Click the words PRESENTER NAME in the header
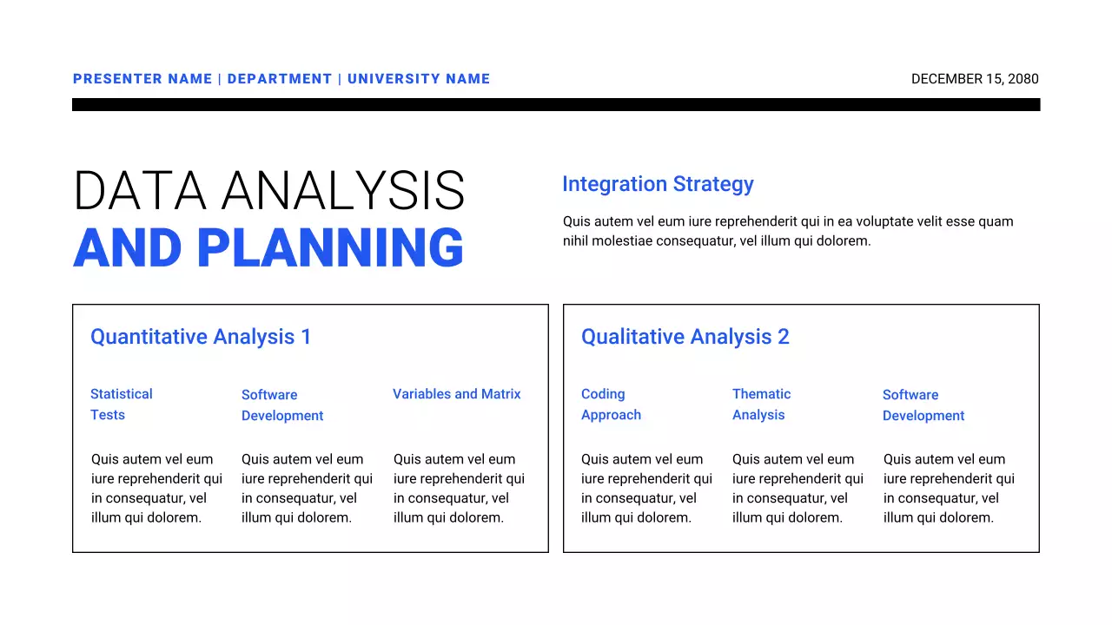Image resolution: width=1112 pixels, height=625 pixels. [142, 79]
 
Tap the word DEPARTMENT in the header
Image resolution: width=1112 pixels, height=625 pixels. [280, 79]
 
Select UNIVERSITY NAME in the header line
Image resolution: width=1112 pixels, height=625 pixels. [419, 79]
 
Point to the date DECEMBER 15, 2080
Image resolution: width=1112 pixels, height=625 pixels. [975, 79]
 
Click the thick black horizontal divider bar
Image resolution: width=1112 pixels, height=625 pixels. [556, 104]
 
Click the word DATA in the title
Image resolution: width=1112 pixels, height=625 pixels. [140, 191]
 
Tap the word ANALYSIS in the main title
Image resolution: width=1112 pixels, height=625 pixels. [343, 191]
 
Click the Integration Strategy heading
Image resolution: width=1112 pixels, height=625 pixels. [658, 184]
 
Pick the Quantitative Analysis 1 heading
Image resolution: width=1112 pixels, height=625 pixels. [201, 337]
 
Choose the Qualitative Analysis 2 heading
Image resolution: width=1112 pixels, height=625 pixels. [685, 337]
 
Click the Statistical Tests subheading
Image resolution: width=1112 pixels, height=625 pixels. [121, 405]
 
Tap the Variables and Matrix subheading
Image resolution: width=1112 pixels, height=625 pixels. [457, 394]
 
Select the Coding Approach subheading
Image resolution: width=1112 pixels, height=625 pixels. [611, 405]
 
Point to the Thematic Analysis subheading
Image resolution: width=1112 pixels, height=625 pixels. [761, 405]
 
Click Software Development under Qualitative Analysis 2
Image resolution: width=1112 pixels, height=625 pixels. [923, 405]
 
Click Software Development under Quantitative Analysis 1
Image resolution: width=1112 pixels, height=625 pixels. [282, 405]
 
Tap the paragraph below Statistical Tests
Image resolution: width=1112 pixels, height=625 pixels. [156, 488]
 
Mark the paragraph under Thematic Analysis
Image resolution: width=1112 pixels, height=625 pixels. [798, 488]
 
